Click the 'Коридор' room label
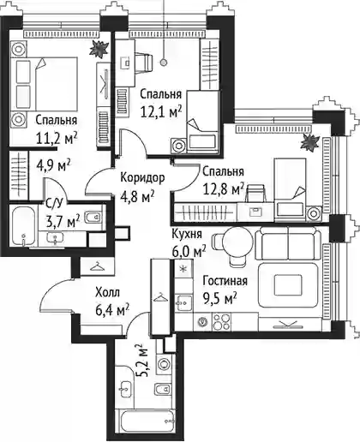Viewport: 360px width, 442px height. (142, 178)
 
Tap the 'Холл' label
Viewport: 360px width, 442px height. (107, 293)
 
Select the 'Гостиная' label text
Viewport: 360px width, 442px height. (225, 281)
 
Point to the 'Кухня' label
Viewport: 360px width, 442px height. (187, 234)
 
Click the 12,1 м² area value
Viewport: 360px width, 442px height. (161, 111)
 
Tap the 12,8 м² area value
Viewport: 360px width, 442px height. (223, 188)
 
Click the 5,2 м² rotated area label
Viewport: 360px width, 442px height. (142, 361)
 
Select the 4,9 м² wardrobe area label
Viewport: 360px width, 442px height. (53, 165)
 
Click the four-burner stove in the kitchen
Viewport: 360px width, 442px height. (222, 322)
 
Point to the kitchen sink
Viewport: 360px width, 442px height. (183, 302)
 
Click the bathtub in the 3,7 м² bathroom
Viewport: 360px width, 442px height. (24, 226)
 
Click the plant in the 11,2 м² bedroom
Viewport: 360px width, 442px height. (99, 50)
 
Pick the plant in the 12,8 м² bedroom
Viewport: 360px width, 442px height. (310, 142)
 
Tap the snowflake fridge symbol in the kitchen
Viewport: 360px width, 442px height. (183, 269)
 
